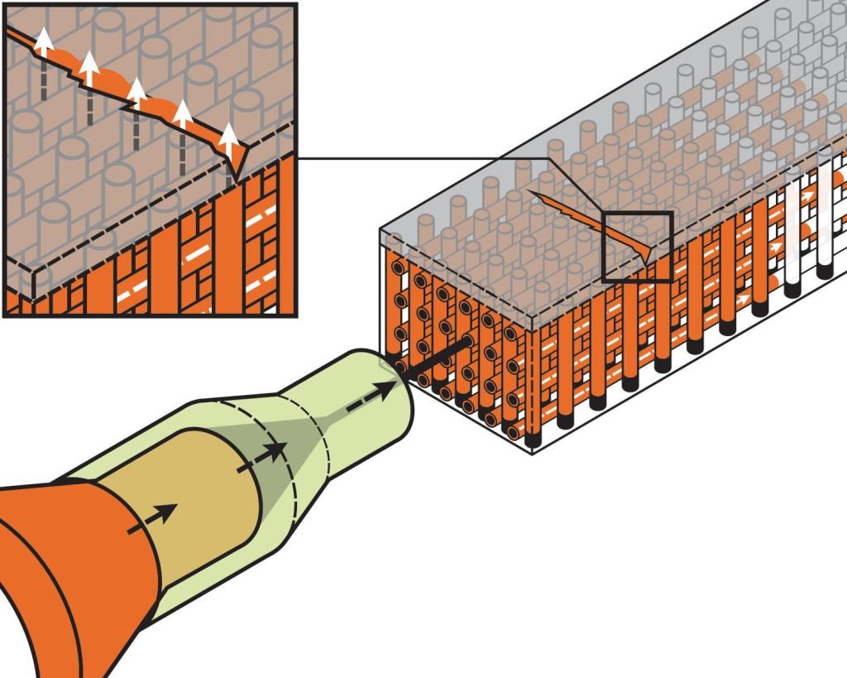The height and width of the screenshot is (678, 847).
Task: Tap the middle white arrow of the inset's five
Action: (x=137, y=93)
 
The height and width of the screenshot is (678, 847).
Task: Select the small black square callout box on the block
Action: (x=637, y=246)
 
